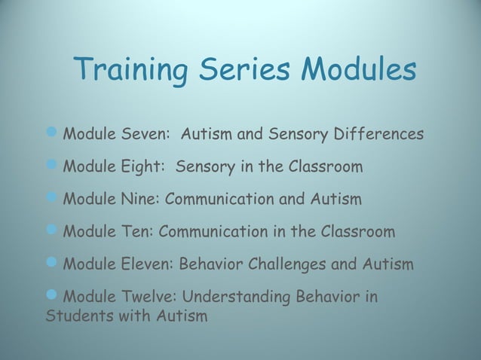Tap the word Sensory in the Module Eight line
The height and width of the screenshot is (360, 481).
pos(204,167)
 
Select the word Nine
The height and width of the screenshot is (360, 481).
pos(138,200)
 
